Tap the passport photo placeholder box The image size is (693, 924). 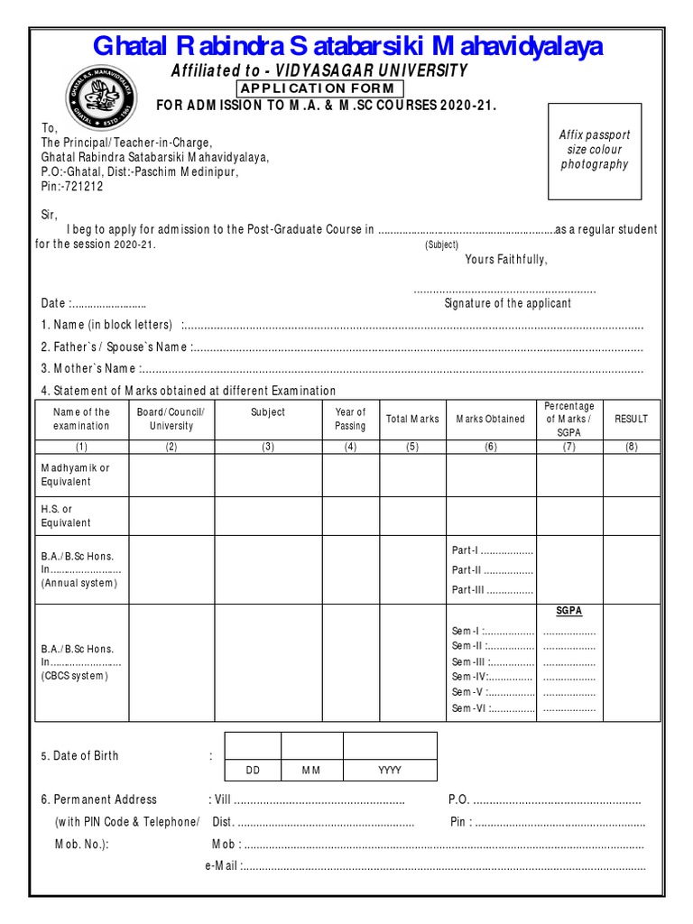click(x=594, y=150)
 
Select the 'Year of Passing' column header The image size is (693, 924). click(x=350, y=419)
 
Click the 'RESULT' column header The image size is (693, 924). click(x=631, y=419)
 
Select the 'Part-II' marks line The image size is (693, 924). click(x=492, y=569)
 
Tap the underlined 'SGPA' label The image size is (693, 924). click(x=568, y=611)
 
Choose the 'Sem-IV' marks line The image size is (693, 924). click(x=492, y=676)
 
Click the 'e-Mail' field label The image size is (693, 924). click(x=223, y=866)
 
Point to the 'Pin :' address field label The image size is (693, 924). click(x=460, y=822)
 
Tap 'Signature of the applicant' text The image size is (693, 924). click(x=507, y=303)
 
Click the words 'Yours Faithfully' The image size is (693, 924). click(x=506, y=260)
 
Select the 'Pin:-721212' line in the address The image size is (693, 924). click(x=72, y=187)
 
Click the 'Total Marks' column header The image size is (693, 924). click(x=412, y=419)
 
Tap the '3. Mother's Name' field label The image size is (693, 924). click(x=88, y=368)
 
